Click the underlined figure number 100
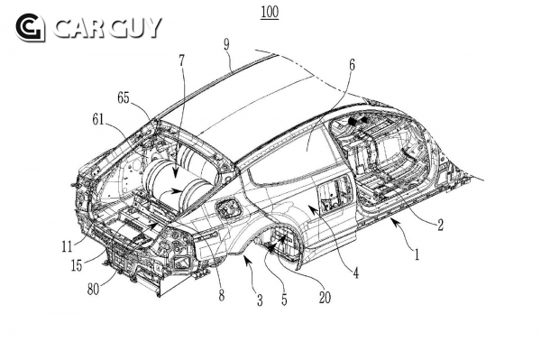click(x=270, y=12)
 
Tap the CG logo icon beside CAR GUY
click(x=30, y=28)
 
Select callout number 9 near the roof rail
click(x=226, y=44)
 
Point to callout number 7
click(x=182, y=60)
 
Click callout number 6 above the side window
click(x=352, y=65)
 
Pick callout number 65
click(x=124, y=98)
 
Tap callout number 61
click(x=98, y=119)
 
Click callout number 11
click(x=67, y=246)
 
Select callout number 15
click(x=77, y=265)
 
